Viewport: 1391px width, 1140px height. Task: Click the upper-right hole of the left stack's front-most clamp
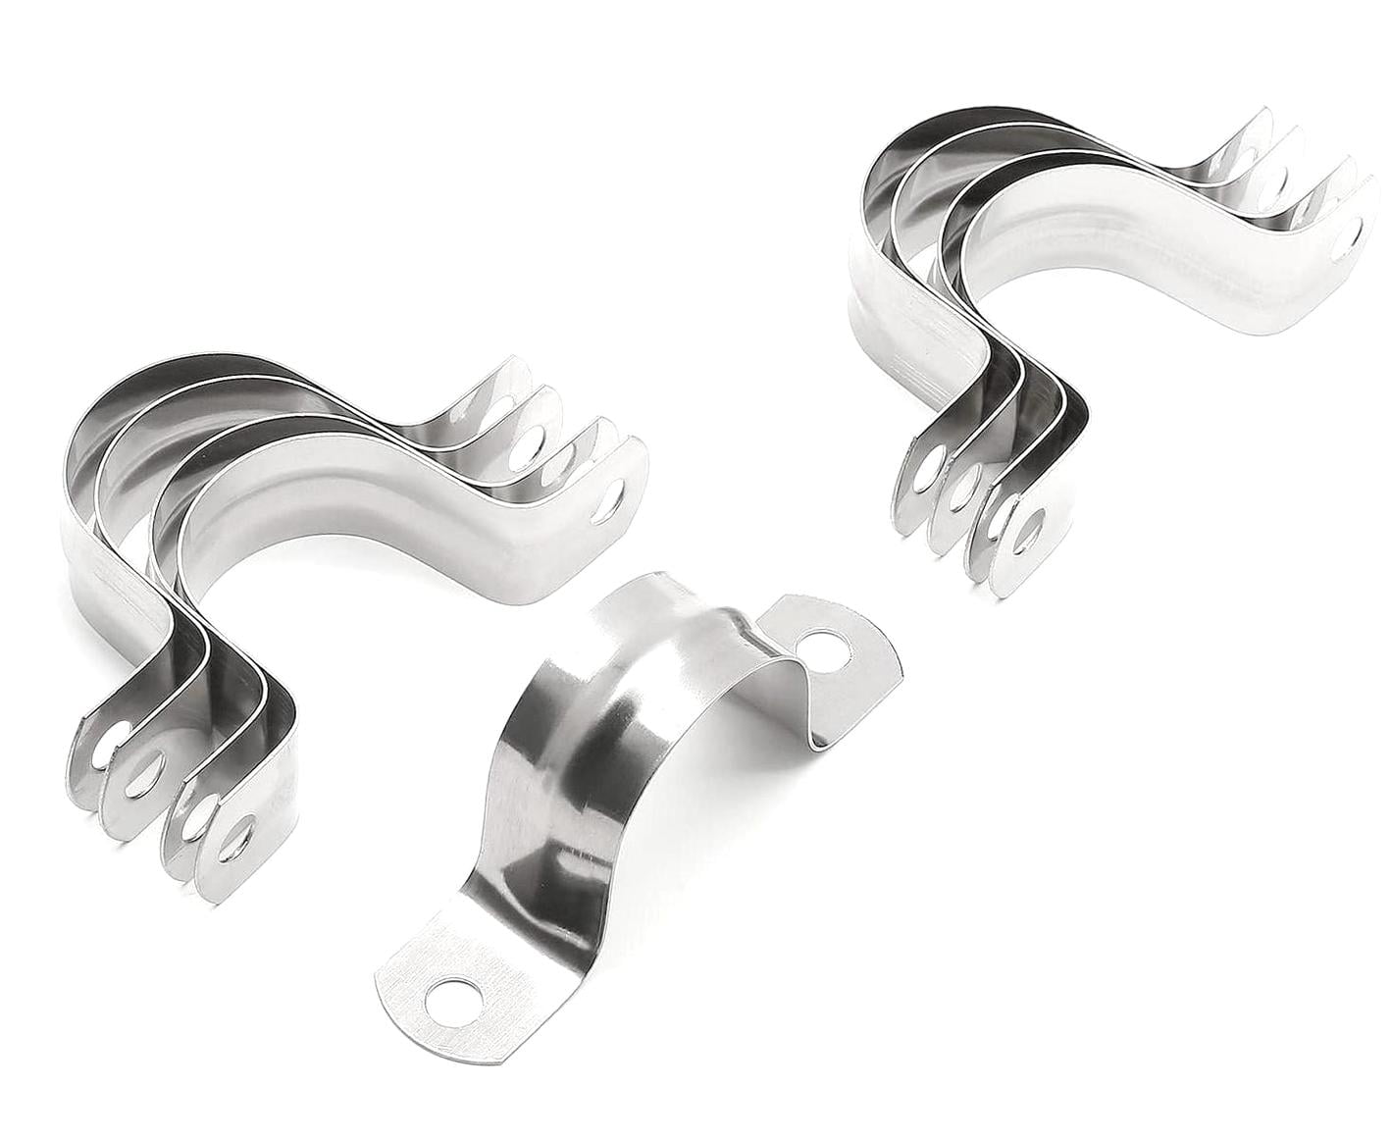[617, 497]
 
